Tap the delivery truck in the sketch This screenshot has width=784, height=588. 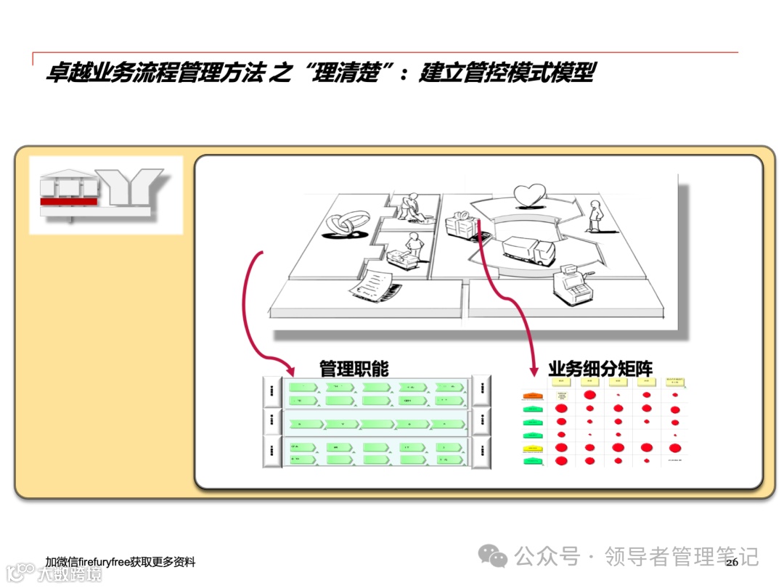tap(528, 250)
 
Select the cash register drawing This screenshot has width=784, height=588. tap(570, 287)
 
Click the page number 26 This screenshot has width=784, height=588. tap(731, 562)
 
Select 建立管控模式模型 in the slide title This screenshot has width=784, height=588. tap(506, 74)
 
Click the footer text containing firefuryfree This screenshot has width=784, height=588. tap(120, 562)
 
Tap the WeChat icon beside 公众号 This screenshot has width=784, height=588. tap(497, 557)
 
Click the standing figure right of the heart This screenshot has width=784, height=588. tap(595, 216)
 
